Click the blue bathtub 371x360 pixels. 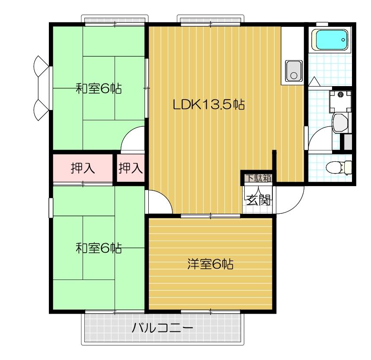point(331,40)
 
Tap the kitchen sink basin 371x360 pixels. point(294,71)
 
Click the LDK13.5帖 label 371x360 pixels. point(209,104)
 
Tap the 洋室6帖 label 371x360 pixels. point(211,264)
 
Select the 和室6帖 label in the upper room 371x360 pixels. point(99,89)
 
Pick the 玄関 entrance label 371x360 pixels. point(259,200)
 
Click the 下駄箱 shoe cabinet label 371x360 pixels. point(258,178)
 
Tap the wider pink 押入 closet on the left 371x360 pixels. point(83,168)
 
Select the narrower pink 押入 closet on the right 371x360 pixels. point(131,168)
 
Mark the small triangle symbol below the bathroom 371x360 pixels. point(314,81)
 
